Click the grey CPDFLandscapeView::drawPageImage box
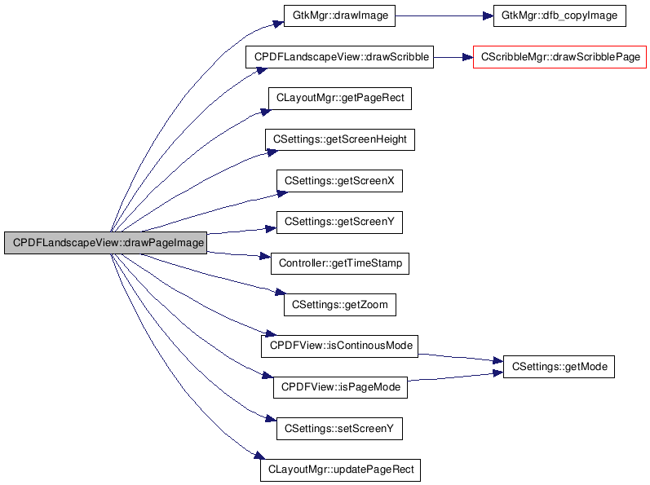tap(106, 243)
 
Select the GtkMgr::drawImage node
tap(339, 15)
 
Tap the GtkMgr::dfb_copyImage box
tap(559, 15)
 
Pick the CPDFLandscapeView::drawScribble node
tap(339, 57)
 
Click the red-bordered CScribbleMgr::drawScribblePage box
tap(560, 57)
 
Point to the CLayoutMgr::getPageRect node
tap(340, 99)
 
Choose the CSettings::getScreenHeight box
tap(340, 139)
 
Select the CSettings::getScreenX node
tap(339, 181)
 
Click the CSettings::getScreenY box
tap(339, 223)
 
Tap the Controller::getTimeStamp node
tap(340, 263)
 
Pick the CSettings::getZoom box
tap(340, 305)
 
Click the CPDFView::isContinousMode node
tap(339, 346)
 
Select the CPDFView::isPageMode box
tap(340, 387)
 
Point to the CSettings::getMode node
tap(559, 367)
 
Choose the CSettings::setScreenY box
tap(339, 429)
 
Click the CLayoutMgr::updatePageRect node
tap(340, 470)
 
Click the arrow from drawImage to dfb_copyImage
tap(444, 16)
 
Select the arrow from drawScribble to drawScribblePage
tap(453, 57)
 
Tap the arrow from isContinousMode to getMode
tap(461, 359)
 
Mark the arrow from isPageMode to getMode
tap(456, 377)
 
